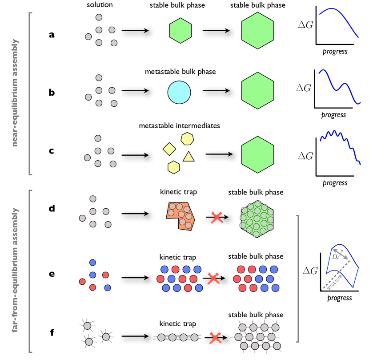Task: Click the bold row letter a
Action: point(52,34)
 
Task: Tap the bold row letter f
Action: point(52,331)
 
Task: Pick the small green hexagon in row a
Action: point(180,30)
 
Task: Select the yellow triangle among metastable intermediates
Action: point(189,156)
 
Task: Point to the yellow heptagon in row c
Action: point(188,138)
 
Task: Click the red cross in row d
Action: point(216,218)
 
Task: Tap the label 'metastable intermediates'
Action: point(179,126)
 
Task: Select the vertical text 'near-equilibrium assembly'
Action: point(16,93)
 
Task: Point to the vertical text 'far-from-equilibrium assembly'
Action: point(16,271)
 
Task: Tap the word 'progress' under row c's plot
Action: point(335,182)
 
